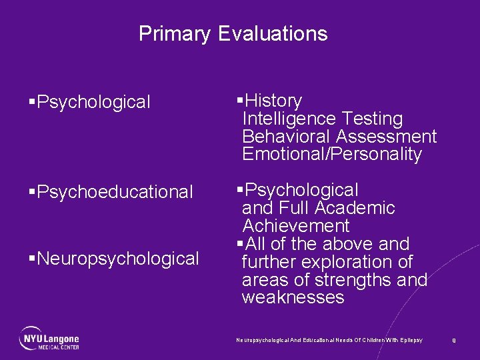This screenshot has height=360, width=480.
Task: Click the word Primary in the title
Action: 175,34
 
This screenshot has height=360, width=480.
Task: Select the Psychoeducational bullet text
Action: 115,192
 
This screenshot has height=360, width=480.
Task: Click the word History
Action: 273,101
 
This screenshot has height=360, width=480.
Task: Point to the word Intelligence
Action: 289,119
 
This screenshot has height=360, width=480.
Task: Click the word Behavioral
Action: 287,137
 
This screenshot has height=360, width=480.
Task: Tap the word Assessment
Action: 387,137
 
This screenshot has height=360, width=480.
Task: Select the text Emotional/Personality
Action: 332,155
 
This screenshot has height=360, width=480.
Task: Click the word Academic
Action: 359,208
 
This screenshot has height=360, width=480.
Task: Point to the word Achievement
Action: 295,226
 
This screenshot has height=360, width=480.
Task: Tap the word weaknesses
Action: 293,297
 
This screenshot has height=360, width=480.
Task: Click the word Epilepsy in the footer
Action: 411,340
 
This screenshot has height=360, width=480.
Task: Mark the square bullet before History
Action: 240,101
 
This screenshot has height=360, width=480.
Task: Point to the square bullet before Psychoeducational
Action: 32,193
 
